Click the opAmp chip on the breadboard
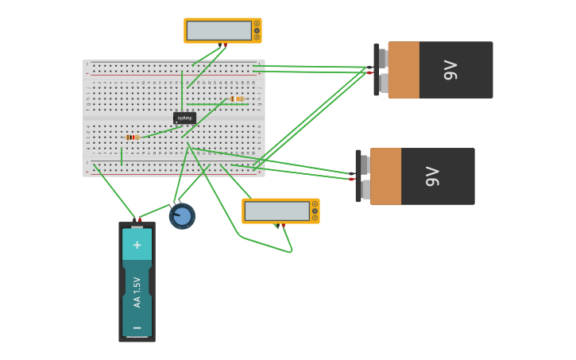pos(184,118)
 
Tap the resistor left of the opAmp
pos(132,137)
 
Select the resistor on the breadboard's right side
pos(237,99)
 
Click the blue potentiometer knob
pos(182,216)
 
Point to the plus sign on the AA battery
pos(137,245)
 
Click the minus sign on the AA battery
pos(137,327)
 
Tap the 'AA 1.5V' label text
pos(137,292)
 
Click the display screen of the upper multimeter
pos(218,30)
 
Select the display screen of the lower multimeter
pos(276,211)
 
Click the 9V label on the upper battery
pos(451,70)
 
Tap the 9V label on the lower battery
pos(432,176)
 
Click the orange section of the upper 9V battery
pos(404,70)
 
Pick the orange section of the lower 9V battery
pos(385,176)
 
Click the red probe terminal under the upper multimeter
pos(225,45)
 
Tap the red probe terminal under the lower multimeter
pos(283,226)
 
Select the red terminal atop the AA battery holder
pos(140,219)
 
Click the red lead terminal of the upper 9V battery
pos(370,72)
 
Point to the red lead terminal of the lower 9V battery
pos(352,179)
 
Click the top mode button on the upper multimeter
pos(257,24)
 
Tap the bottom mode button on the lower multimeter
pos(315,218)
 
